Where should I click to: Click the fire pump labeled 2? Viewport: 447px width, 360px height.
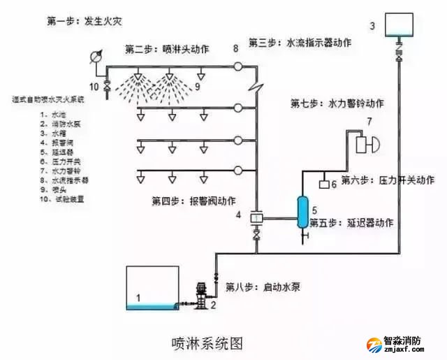(x=201, y=297)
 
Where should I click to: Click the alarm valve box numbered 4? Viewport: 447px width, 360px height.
(x=256, y=218)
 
